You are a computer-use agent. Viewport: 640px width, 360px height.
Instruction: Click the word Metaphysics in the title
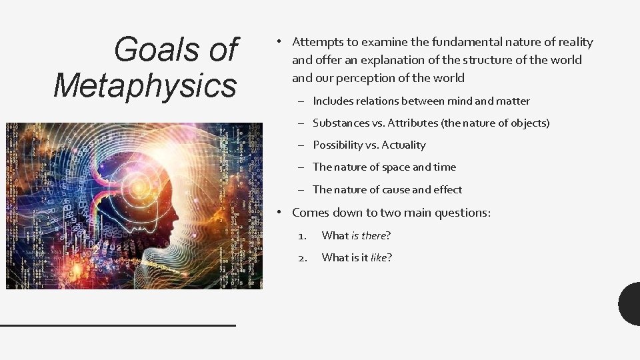click(x=145, y=85)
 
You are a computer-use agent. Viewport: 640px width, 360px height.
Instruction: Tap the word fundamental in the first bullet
click(x=429, y=42)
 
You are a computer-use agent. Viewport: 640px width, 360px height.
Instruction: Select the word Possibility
click(x=338, y=145)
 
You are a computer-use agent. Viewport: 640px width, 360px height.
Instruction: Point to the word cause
click(x=396, y=189)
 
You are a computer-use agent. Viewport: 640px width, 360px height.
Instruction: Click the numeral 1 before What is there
click(x=302, y=235)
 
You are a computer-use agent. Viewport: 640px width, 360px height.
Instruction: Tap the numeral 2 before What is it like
click(x=302, y=257)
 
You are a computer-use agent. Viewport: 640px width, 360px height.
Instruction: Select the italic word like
click(x=379, y=257)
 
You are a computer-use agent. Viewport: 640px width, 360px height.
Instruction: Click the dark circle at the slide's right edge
click(x=630, y=304)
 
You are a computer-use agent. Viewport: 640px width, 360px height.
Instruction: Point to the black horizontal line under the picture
click(x=118, y=325)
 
